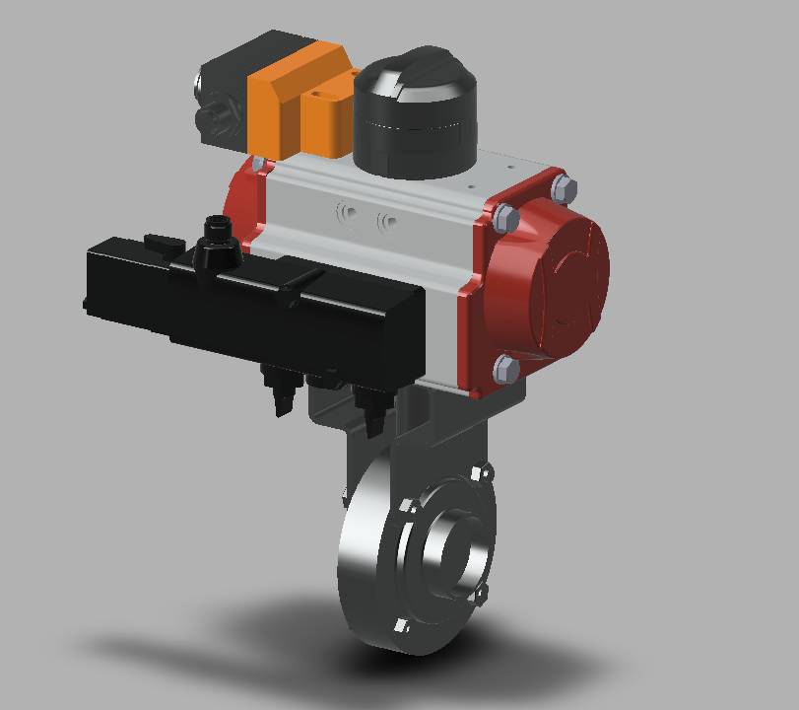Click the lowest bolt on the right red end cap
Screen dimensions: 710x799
point(504,369)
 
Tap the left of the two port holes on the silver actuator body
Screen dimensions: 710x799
point(346,212)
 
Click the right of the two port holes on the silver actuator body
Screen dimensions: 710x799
point(387,219)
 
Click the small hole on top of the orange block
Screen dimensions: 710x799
point(319,95)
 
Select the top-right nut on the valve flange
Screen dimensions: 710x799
point(480,472)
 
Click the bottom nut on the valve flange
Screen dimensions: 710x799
point(401,625)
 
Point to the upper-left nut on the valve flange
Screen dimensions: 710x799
point(406,510)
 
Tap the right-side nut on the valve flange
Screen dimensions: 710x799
point(482,594)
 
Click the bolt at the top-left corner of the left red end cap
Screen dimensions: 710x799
point(258,164)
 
